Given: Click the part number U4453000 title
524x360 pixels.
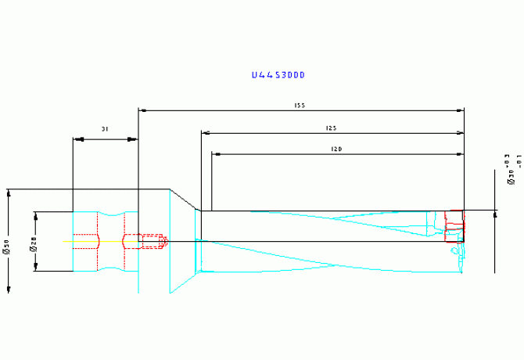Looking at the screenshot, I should click(x=278, y=75).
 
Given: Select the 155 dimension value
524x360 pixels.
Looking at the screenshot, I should click(x=299, y=105).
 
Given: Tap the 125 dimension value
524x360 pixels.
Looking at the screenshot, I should click(x=331, y=128).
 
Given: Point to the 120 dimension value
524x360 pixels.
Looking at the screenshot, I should click(x=336, y=149).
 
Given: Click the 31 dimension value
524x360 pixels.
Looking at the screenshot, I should click(x=104, y=128).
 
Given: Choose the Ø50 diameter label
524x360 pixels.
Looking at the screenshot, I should click(x=7, y=247).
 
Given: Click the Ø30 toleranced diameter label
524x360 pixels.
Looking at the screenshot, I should click(x=510, y=169).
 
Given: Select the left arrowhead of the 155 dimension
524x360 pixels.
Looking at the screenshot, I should click(x=142, y=110).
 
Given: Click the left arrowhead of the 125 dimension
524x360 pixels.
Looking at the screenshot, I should click(x=206, y=133).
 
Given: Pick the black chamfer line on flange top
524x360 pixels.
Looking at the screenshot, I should click(x=185, y=200).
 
